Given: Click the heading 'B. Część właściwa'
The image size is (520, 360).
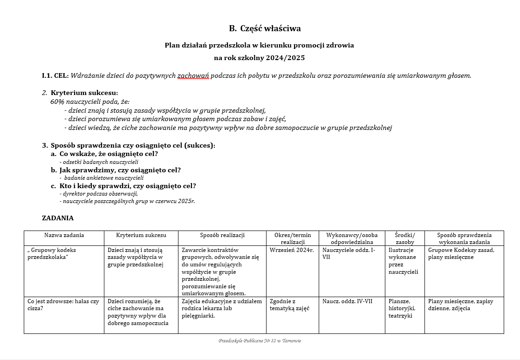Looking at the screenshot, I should tap(265, 28).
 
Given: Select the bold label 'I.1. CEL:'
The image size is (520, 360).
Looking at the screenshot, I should tap(55, 75).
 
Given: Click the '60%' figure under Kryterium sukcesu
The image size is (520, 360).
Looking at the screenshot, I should tap(57, 102).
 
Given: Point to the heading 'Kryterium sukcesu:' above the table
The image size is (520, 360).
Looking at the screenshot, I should tap(84, 93).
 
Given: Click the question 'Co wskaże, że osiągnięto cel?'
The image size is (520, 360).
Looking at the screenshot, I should tap(109, 154).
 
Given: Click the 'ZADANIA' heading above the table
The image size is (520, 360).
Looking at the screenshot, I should tap(58, 218).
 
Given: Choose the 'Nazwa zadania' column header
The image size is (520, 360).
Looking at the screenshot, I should tap(64, 235).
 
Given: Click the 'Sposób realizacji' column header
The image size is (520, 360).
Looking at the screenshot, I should tap(222, 235).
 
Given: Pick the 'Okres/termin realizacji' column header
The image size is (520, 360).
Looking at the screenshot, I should tap(293, 238).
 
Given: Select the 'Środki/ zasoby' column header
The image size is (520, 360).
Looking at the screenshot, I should tap(404, 238).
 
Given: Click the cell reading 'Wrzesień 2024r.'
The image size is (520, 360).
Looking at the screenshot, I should tap(292, 250).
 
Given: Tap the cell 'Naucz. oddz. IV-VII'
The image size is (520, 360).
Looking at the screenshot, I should tap(347, 301).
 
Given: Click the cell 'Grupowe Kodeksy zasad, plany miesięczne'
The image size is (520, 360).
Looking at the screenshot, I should tap(461, 253).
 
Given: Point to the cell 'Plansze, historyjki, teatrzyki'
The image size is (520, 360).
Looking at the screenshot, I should tap(402, 308).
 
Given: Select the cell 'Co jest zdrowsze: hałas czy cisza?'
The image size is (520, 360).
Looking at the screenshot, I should tap(63, 305).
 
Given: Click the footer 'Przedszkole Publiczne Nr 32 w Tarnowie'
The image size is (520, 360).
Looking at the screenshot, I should tap(260, 341).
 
